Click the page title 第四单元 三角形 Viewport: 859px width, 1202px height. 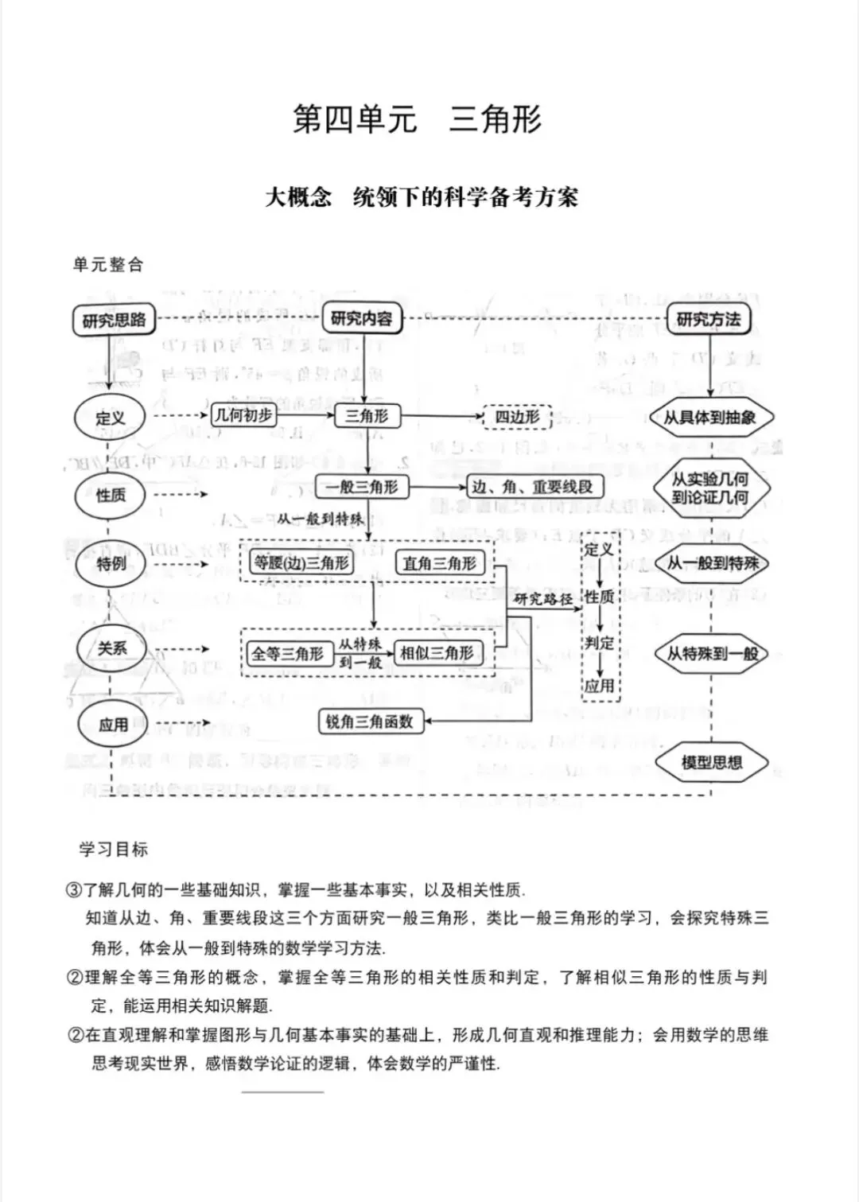(x=418, y=120)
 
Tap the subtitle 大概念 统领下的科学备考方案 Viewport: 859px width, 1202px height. (x=422, y=197)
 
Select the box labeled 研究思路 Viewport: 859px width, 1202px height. (x=115, y=320)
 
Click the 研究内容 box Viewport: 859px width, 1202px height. (x=362, y=319)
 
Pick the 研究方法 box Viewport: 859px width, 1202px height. (x=708, y=320)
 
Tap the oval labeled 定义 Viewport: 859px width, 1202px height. (x=111, y=418)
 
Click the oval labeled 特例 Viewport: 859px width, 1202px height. (x=111, y=564)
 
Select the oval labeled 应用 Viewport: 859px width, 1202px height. (x=113, y=725)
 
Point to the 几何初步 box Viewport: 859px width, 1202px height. (x=244, y=415)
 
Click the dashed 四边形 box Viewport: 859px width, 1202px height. (x=517, y=416)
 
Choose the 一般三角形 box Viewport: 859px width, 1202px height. (x=363, y=487)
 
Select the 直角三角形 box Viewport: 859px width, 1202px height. (x=440, y=563)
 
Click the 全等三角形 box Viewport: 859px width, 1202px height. (x=288, y=654)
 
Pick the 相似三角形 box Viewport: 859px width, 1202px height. (x=437, y=653)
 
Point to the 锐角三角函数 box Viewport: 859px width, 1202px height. (x=370, y=722)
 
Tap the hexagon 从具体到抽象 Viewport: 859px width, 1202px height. (x=710, y=417)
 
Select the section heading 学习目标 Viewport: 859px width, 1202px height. (x=114, y=850)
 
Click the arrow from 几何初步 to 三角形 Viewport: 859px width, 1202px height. (x=305, y=415)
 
